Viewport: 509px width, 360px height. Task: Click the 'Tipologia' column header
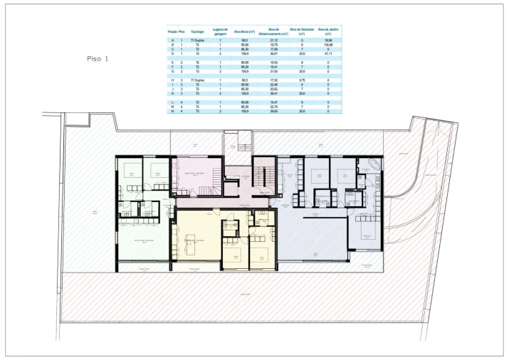[197, 31]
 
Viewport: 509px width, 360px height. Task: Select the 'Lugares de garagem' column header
[221, 31]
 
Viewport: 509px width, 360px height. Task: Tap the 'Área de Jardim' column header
[328, 31]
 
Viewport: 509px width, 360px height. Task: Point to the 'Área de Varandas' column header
[301, 31]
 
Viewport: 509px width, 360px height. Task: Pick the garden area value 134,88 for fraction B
[328, 44]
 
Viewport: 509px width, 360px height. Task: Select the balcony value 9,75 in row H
[301, 80]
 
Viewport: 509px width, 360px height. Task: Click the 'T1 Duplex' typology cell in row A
[197, 41]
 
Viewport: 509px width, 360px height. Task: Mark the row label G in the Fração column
[172, 72]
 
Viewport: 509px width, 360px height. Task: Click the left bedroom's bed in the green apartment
[131, 171]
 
